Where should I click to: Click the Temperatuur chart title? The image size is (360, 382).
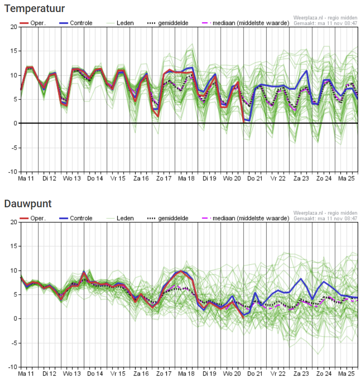[x=34, y=8]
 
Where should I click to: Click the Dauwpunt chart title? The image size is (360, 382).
[x=28, y=204]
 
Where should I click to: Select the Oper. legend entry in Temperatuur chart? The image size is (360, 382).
[x=33, y=23]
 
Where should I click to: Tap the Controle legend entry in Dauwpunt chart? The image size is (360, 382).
[x=76, y=218]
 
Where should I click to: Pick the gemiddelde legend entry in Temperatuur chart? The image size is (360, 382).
[x=168, y=23]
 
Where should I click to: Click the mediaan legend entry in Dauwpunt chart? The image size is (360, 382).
[x=246, y=218]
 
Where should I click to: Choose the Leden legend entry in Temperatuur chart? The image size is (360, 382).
[x=120, y=23]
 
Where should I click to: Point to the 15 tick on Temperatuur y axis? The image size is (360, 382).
[x=14, y=51]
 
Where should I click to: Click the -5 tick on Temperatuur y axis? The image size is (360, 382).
[x=13, y=148]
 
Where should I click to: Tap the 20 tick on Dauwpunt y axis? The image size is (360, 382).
[x=14, y=222]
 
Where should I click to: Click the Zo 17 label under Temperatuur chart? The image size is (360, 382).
[x=164, y=179]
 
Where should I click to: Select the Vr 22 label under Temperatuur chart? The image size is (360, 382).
[x=278, y=179]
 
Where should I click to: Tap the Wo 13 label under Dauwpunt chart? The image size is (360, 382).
[x=72, y=374]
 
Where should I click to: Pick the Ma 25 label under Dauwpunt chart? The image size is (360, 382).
[x=346, y=374]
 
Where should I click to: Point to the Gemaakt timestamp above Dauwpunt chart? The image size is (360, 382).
[x=325, y=218]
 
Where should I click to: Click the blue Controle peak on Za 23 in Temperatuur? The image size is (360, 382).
[x=306, y=71]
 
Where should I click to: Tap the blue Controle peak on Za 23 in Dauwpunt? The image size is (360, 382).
[x=301, y=279]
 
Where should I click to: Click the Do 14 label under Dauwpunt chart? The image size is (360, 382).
[x=95, y=374]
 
